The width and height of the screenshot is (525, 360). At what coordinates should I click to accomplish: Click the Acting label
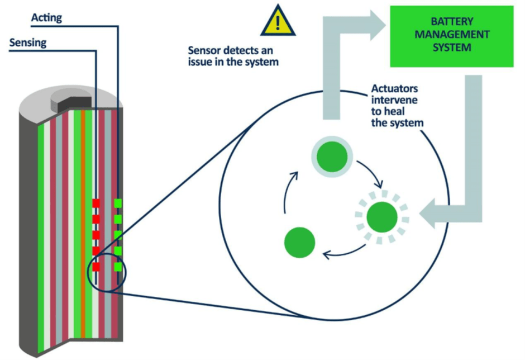click(46, 18)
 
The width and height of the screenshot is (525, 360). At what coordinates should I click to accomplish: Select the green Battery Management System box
click(452, 36)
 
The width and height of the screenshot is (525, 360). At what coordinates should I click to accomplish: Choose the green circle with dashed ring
click(382, 216)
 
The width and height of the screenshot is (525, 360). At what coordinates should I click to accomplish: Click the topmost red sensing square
click(96, 203)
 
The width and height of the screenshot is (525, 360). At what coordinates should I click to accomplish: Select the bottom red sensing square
click(96, 267)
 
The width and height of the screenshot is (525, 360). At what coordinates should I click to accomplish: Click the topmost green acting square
click(118, 203)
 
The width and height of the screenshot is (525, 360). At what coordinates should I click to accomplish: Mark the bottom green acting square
click(118, 267)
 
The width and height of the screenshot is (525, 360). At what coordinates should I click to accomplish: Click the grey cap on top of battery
click(66, 101)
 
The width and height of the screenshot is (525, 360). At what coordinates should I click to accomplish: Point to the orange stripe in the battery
click(83, 224)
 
